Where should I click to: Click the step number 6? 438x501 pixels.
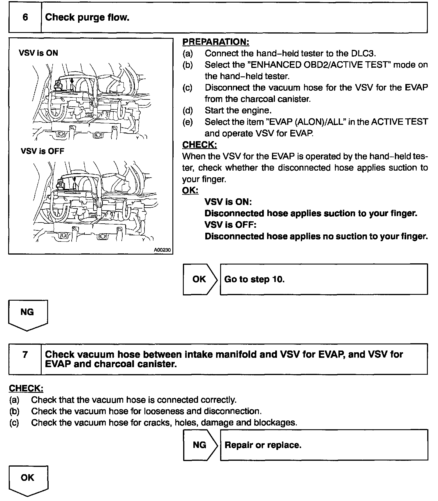tap(25, 17)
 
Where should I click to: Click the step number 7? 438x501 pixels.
tap(25, 355)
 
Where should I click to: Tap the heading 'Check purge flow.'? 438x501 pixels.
tap(87, 17)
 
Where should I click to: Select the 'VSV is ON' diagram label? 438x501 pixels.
tap(38, 53)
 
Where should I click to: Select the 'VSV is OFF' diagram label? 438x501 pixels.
tap(43, 151)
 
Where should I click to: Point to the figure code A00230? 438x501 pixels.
tap(162, 250)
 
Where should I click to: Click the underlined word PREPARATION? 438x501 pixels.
tap(216, 42)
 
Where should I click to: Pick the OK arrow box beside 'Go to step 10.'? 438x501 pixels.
tap(199, 279)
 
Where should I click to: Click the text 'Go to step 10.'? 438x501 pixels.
tap(254, 279)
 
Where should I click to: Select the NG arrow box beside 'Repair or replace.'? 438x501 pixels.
tap(200, 445)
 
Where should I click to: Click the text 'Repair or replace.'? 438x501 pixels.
tap(263, 445)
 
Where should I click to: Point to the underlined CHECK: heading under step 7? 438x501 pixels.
tap(26, 388)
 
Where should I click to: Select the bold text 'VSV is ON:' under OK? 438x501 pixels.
tap(228, 202)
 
